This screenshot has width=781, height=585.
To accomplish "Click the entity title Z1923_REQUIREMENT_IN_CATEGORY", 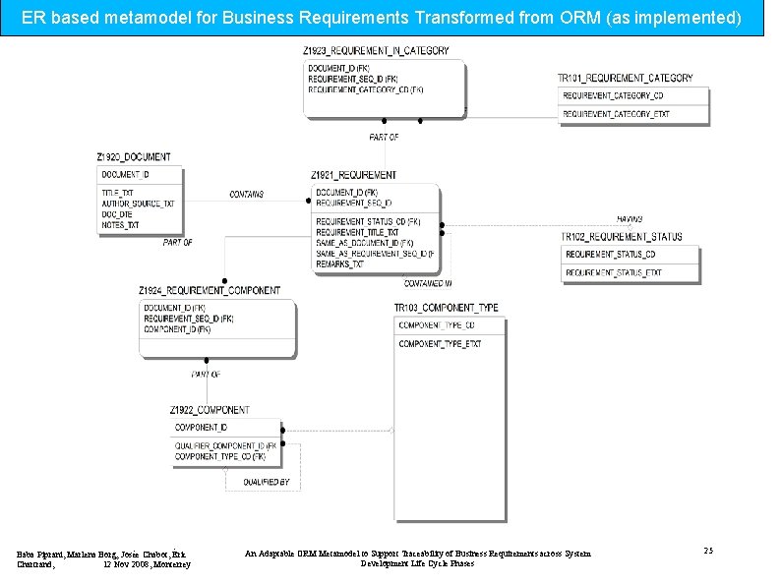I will point(377,50).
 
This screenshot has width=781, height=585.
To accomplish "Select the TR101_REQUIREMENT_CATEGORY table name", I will point(625,78).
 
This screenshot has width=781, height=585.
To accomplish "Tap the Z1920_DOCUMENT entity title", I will point(133,157).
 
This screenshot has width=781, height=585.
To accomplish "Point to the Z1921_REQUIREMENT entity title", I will point(353,175).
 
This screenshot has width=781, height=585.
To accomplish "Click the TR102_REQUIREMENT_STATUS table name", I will point(621,237).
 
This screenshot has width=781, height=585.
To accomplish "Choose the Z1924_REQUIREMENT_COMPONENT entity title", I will point(209,290).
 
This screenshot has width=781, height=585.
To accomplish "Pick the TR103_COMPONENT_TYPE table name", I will point(446,308).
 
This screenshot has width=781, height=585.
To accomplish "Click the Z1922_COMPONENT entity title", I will point(209,409).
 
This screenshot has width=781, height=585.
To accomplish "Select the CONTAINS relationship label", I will point(246,195).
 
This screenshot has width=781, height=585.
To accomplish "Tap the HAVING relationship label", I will point(630,218).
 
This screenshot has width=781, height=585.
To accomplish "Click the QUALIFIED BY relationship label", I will point(267,482).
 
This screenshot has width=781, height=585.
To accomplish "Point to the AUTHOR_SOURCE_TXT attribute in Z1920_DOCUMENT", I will point(138,204).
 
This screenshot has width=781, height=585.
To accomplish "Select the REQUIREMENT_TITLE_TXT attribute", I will point(357,232).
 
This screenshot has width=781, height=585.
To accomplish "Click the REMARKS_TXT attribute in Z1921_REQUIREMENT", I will point(339,264).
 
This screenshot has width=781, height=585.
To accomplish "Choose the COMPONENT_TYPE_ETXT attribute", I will point(440,344).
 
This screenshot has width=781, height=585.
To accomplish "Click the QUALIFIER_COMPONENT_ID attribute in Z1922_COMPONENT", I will point(225,446).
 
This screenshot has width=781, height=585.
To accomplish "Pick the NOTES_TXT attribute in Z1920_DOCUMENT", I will point(120,225).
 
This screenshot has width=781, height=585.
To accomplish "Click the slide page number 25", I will point(708,552).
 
